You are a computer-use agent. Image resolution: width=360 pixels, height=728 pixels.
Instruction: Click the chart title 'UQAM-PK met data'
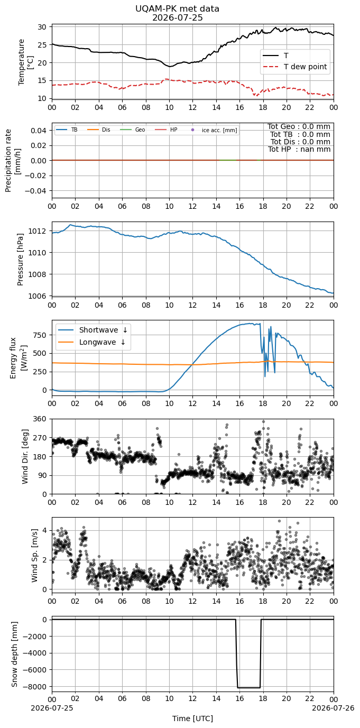pyautogui.click(x=178, y=9)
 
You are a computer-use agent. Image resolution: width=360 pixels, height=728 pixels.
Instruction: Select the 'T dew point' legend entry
pyautogui.click(x=294, y=67)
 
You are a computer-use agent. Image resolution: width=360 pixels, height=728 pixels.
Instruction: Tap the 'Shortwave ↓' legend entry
pyautogui.click(x=93, y=330)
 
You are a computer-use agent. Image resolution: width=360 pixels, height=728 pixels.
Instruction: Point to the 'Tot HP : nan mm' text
pyautogui.click(x=299, y=149)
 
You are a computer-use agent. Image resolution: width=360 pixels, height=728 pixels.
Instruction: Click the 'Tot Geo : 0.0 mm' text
pyautogui.click(x=299, y=126)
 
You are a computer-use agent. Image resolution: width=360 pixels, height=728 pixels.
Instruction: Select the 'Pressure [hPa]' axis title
pyautogui.click(x=20, y=260)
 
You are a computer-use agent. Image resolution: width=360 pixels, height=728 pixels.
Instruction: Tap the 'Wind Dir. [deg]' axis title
pyautogui.click(x=25, y=456)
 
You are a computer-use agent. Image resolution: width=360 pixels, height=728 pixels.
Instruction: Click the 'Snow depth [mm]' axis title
pyautogui.click(x=14, y=654)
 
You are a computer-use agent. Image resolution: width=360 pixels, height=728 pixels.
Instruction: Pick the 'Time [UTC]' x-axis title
pyautogui.click(x=192, y=718)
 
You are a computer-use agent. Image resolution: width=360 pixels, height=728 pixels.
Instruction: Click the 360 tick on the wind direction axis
pyautogui.click(x=41, y=419)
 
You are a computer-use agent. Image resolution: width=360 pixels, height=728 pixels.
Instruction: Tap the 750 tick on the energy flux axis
pyautogui.click(x=41, y=335)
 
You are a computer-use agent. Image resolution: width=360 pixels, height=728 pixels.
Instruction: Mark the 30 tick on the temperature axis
pyautogui.click(x=43, y=26)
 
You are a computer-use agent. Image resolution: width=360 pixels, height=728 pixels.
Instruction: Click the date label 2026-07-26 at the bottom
pyautogui.click(x=333, y=707)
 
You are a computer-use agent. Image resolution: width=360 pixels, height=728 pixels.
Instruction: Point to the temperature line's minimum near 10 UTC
pyautogui.click(x=170, y=66)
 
